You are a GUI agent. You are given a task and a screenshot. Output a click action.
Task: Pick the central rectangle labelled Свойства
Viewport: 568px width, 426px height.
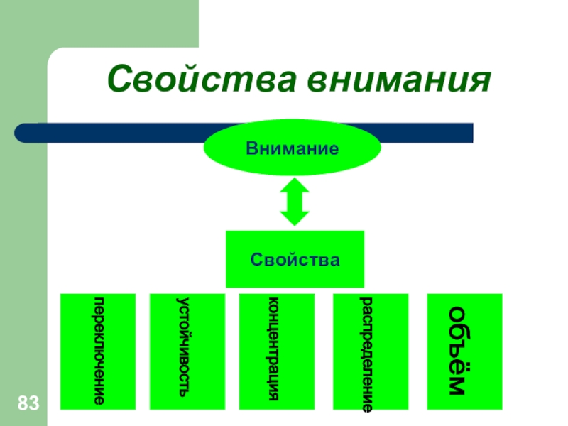click(295, 258)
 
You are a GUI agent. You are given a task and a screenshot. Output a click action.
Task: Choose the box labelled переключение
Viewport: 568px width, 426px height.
click(97, 351)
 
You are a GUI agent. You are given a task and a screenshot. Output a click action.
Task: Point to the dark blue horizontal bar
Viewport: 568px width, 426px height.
click(426, 133)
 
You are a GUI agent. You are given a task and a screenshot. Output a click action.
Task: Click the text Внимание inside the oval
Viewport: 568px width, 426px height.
click(292, 150)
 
